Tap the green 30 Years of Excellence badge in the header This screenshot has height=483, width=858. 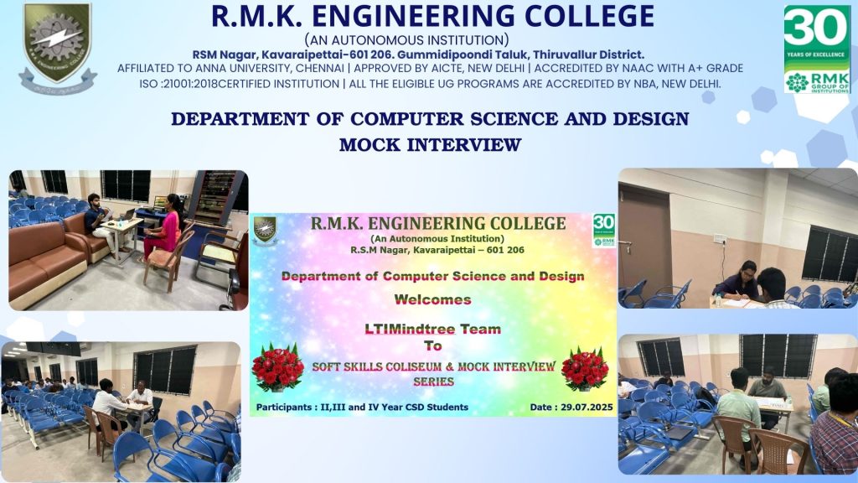[x=817, y=49]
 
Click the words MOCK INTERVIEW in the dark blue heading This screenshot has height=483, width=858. [x=430, y=144]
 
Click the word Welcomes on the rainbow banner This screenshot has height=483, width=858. [x=433, y=299]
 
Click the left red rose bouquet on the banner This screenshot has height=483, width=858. [x=277, y=367]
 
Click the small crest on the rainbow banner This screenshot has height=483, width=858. [x=265, y=230]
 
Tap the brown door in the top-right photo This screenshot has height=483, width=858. [x=645, y=238]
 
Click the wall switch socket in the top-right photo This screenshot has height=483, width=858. [x=720, y=239]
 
